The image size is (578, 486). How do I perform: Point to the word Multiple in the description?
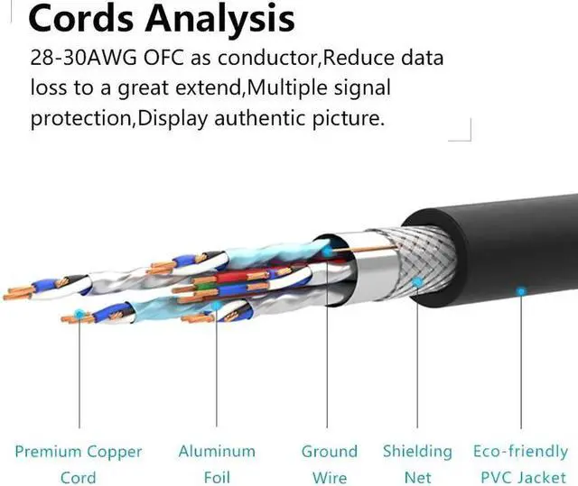click(x=288, y=89)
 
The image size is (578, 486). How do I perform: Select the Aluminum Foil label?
click(x=217, y=463)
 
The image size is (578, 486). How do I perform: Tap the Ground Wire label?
click(x=329, y=463)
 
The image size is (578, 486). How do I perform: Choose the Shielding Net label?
click(x=417, y=463)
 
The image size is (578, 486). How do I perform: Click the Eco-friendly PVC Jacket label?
click(x=520, y=463)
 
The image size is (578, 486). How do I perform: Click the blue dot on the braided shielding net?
click(x=417, y=281)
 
